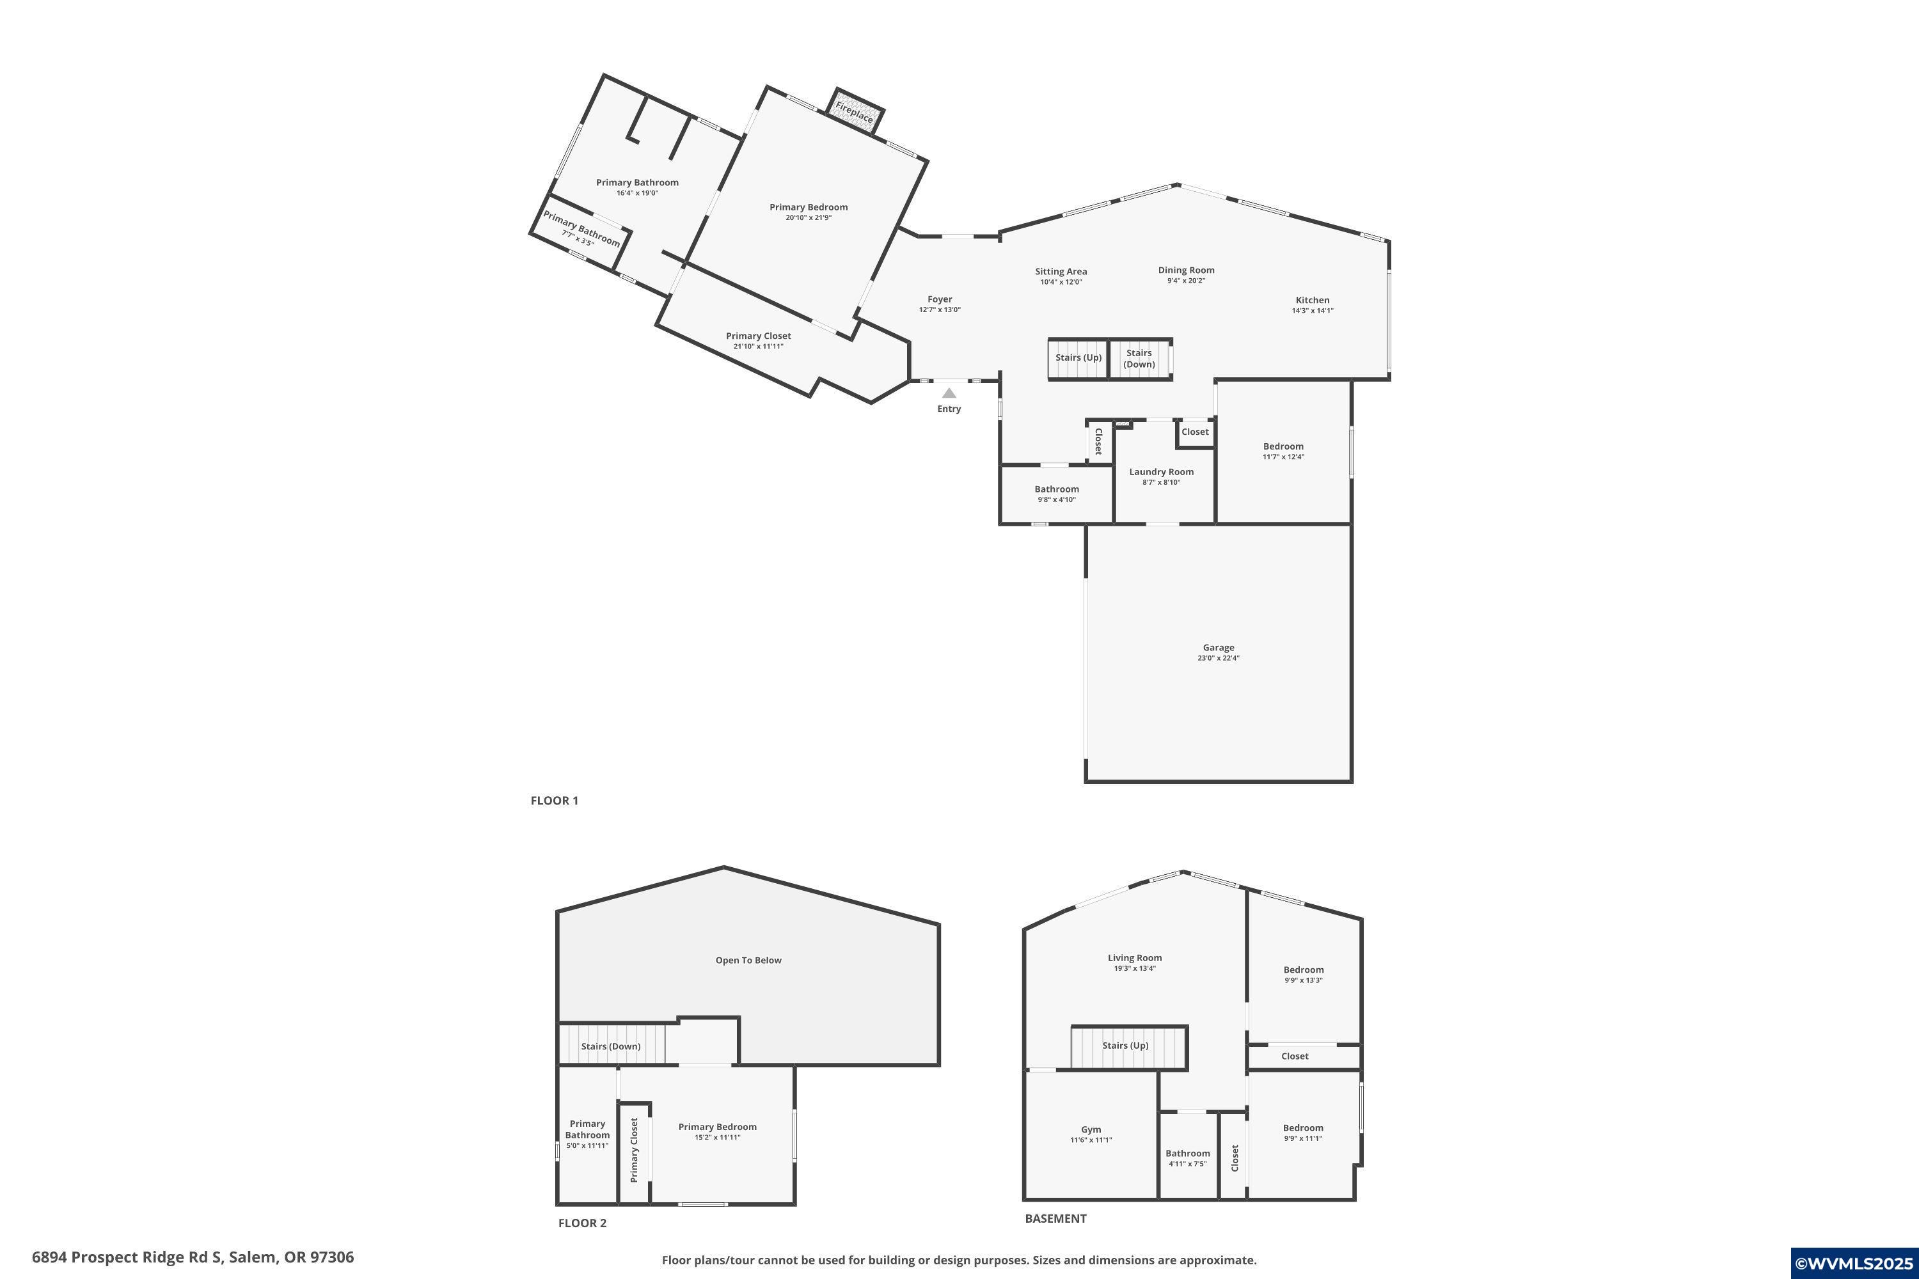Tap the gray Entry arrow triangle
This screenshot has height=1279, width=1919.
[949, 393]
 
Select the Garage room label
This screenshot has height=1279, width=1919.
[1218, 648]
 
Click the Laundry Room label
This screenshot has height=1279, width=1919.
[1161, 471]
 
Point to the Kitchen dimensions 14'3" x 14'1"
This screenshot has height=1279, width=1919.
[1312, 311]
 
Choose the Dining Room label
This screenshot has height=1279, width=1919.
[1185, 270]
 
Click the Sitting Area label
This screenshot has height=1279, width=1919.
[1061, 272]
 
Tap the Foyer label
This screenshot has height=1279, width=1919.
[939, 299]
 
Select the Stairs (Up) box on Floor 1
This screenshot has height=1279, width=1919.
[1078, 358]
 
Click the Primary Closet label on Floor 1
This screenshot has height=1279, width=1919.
[758, 336]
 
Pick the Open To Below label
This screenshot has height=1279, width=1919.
[748, 960]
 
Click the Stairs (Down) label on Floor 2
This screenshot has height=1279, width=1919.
[610, 1046]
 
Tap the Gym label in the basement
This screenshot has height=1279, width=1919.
[1091, 1130]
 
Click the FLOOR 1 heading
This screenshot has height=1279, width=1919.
[554, 800]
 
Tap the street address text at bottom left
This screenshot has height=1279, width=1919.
[193, 1257]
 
